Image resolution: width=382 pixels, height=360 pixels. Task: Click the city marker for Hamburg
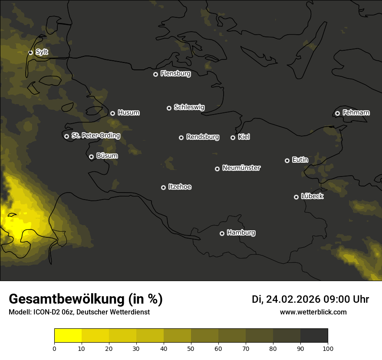coord(222,233)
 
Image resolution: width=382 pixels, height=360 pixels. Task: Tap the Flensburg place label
coord(175,74)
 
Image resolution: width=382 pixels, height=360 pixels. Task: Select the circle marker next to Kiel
coord(233,137)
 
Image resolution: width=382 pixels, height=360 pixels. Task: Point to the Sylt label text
coord(42,52)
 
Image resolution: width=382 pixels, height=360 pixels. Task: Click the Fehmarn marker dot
coord(337,113)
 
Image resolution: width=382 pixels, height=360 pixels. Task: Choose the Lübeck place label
coord(312,196)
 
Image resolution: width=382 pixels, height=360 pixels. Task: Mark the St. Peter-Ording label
coord(95,136)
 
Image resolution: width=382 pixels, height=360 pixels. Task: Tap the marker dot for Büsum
coord(91,157)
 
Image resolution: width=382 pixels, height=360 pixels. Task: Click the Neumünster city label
coord(241,168)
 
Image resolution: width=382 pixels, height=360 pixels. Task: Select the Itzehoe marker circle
coord(163,187)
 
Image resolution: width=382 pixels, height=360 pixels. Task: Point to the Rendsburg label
coord(202,137)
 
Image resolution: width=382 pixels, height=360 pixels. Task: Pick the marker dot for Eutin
coord(287,160)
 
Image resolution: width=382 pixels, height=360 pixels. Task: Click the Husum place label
coord(128,113)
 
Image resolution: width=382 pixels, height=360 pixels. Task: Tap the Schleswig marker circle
coord(169,108)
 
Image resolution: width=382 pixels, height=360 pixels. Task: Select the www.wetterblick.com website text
coord(313,312)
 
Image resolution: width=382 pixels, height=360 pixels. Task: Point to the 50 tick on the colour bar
coord(191,348)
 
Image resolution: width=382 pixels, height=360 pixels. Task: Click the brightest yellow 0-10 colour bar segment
coord(68,335)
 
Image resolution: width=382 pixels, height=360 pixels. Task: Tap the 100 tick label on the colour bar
coord(328,348)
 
